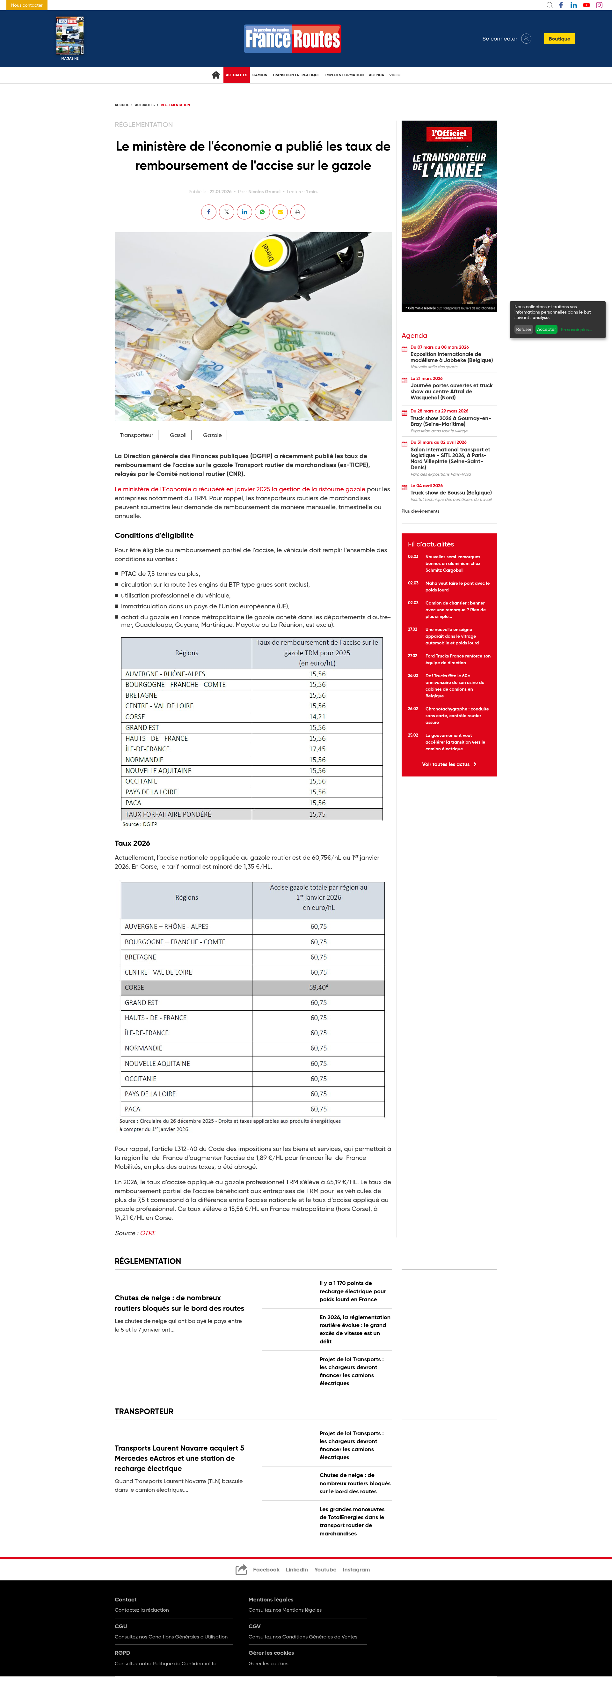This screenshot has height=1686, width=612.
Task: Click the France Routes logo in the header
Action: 292,39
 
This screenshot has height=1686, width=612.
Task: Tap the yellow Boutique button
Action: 559,39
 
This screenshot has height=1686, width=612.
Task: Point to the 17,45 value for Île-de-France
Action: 317,749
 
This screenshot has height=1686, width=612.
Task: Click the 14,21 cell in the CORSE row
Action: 317,717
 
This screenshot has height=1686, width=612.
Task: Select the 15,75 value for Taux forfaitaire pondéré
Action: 317,814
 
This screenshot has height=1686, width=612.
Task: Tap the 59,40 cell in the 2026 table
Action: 318,987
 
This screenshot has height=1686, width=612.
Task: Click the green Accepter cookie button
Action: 546,329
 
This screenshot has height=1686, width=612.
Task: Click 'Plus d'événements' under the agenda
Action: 420,511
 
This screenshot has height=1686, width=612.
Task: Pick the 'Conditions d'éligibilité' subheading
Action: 154,535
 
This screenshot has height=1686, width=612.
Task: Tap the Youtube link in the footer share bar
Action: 325,1570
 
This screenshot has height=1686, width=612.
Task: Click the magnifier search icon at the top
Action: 549,5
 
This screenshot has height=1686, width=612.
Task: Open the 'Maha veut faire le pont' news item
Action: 456,586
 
